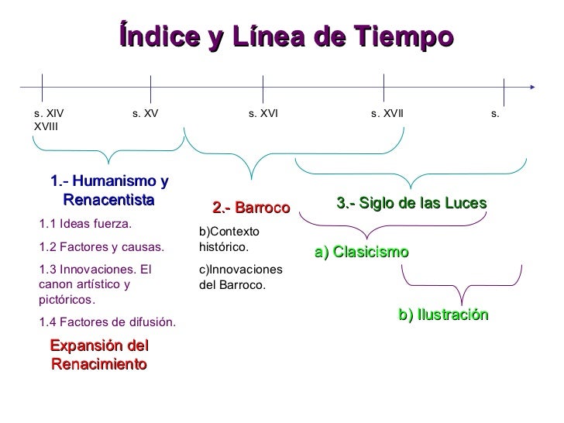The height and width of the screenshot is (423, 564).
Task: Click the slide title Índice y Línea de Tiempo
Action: [x=286, y=36]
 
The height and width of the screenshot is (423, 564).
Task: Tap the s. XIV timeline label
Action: [x=50, y=114]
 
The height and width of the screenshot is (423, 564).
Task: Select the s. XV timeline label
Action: [x=145, y=114]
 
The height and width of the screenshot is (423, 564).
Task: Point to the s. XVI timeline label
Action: [x=263, y=114]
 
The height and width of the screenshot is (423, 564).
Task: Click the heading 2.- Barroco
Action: [x=250, y=208]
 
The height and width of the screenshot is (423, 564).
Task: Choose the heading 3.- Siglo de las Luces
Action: [x=411, y=203]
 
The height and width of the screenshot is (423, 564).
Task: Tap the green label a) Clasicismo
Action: [x=362, y=253]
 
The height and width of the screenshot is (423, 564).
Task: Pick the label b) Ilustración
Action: [x=443, y=315]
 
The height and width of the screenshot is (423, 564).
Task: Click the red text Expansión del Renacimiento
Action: [x=98, y=355]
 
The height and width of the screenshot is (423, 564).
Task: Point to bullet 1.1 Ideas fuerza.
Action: [x=85, y=225]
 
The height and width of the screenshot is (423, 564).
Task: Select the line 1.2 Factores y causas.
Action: [x=101, y=248]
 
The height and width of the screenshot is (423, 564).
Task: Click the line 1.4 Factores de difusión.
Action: [x=107, y=322]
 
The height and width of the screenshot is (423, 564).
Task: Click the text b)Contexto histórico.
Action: [x=224, y=239]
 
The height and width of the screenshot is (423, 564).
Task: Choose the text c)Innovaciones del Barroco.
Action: [x=241, y=277]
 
